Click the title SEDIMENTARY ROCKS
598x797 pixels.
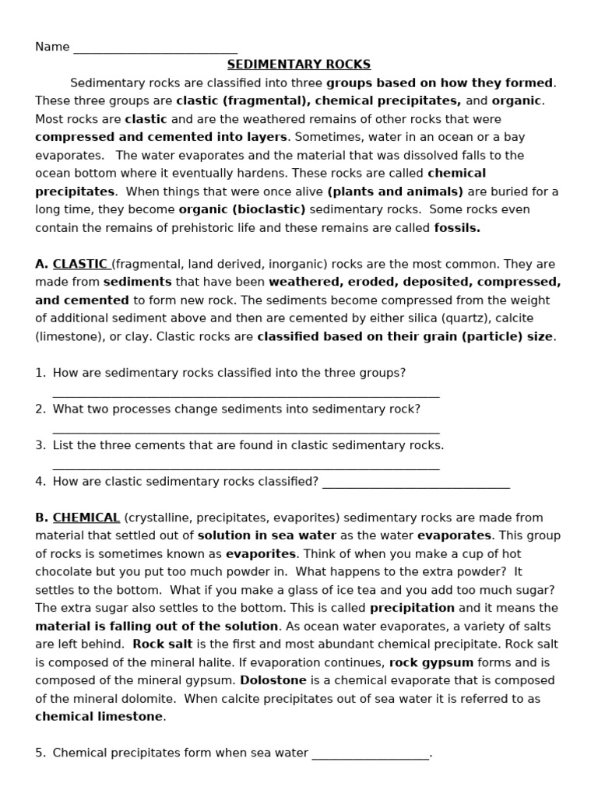point(299,65)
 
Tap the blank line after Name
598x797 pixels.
point(155,47)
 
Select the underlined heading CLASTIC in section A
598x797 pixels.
point(81,264)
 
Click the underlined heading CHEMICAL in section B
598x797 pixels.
point(86,518)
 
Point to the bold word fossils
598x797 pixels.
point(457,228)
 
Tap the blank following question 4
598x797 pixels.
point(416,483)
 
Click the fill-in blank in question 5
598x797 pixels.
point(370,754)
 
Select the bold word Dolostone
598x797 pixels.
point(273,680)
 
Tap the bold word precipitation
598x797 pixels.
point(412,608)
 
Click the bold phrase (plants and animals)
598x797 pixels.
point(395,191)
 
